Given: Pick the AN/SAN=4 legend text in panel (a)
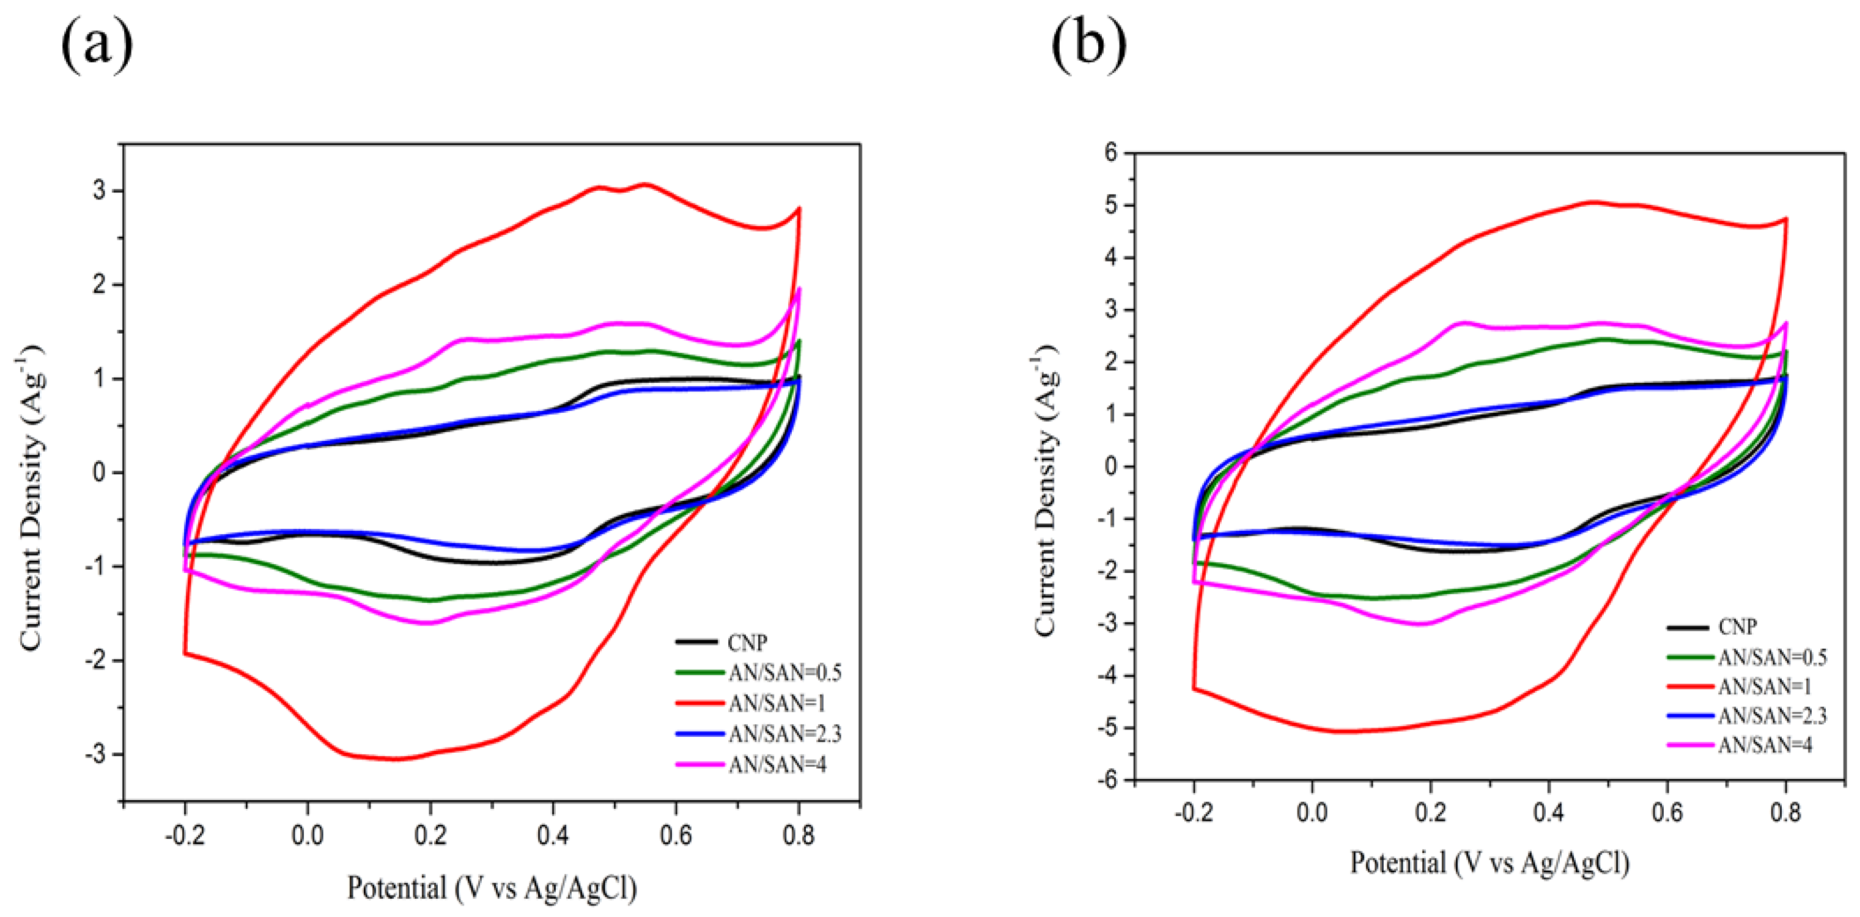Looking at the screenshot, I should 777,764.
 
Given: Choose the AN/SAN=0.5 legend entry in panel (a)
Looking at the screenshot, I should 785,672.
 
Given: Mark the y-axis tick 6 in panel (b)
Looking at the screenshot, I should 1109,153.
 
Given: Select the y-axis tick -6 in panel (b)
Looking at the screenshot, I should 1105,781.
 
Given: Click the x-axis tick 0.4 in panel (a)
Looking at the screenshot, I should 552,836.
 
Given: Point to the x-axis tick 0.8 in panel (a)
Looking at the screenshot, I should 798,836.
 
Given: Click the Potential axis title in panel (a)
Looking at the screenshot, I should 492,888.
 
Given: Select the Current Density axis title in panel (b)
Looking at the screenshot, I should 1047,491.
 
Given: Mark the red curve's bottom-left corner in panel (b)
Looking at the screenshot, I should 1194,688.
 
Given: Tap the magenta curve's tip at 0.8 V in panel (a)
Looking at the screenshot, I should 799,289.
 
